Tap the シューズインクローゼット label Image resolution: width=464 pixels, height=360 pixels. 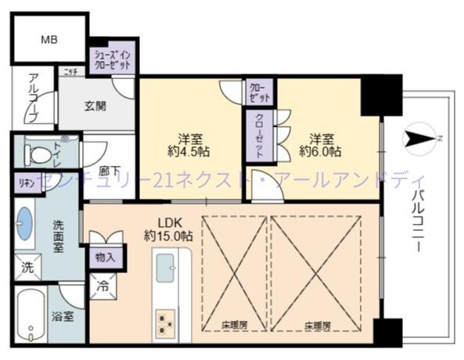pyautogui.click(x=113, y=59)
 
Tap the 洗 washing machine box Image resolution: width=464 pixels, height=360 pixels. pyautogui.click(x=27, y=268)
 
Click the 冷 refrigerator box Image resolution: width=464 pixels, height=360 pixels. pyautogui.click(x=103, y=286)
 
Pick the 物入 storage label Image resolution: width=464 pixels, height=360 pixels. pyautogui.click(x=105, y=256)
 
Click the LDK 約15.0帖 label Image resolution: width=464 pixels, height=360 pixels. pyautogui.click(x=167, y=229)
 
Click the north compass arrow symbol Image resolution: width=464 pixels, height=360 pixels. pyautogui.click(x=423, y=139)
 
